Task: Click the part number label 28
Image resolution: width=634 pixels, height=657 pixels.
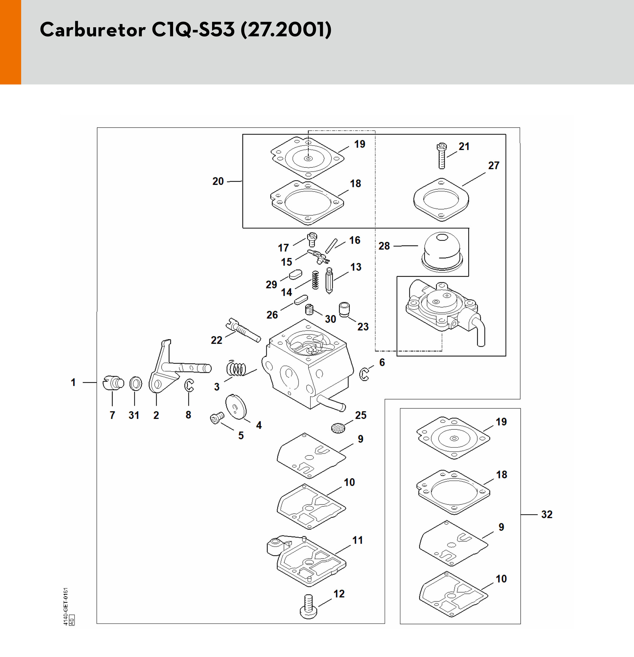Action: pos(384,246)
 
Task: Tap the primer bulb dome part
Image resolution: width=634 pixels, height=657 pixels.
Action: pos(442,250)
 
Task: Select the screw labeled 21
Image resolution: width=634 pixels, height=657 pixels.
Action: pos(442,156)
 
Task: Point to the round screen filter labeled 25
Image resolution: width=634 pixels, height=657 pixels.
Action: pos(338,428)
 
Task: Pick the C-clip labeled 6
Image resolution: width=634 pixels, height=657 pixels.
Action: pos(364,374)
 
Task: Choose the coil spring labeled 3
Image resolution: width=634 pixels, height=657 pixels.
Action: pos(236,369)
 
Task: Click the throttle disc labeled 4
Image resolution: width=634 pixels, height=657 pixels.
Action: pos(236,407)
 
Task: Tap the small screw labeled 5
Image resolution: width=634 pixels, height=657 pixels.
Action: pos(217,418)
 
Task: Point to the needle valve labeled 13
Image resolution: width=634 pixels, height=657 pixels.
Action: pos(329,281)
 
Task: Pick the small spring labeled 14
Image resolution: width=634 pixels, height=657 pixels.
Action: pos(315,280)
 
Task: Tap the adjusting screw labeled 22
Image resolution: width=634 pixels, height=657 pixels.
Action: pos(243,330)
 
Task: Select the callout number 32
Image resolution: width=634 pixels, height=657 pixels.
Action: pos(547,515)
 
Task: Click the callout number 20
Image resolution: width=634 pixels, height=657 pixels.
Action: pos(218,181)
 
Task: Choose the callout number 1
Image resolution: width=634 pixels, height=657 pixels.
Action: pos(73,382)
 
